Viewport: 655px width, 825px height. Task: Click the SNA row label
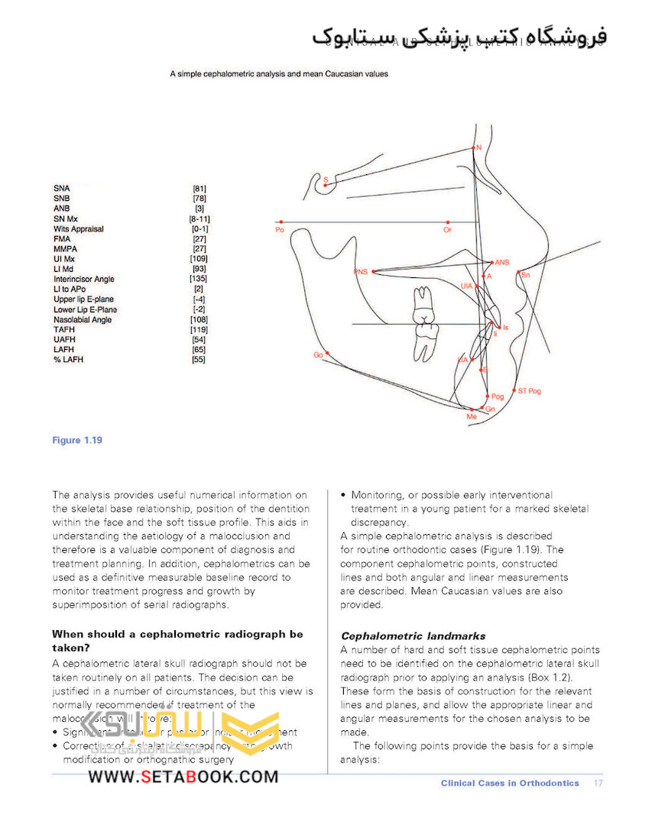[60, 188]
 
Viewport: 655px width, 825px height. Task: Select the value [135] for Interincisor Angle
[198, 280]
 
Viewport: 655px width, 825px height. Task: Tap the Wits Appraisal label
[79, 228]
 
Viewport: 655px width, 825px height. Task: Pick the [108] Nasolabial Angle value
[198, 320]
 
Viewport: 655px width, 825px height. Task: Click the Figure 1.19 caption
[77, 440]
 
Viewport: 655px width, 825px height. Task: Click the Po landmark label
[279, 229]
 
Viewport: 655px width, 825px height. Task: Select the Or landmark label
[447, 229]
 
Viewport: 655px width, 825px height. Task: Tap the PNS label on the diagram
[361, 272]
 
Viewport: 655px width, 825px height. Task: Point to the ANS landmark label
[501, 262]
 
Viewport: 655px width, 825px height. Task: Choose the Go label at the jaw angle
[318, 355]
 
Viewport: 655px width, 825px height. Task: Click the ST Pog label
[529, 391]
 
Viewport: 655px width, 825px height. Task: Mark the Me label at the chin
[472, 417]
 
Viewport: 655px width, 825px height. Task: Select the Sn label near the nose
[525, 274]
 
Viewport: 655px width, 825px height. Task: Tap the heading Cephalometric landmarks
[413, 636]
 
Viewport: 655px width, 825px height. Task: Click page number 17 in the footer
[598, 783]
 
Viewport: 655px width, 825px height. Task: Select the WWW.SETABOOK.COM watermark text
[183, 777]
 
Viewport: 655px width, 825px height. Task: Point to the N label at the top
[478, 147]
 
